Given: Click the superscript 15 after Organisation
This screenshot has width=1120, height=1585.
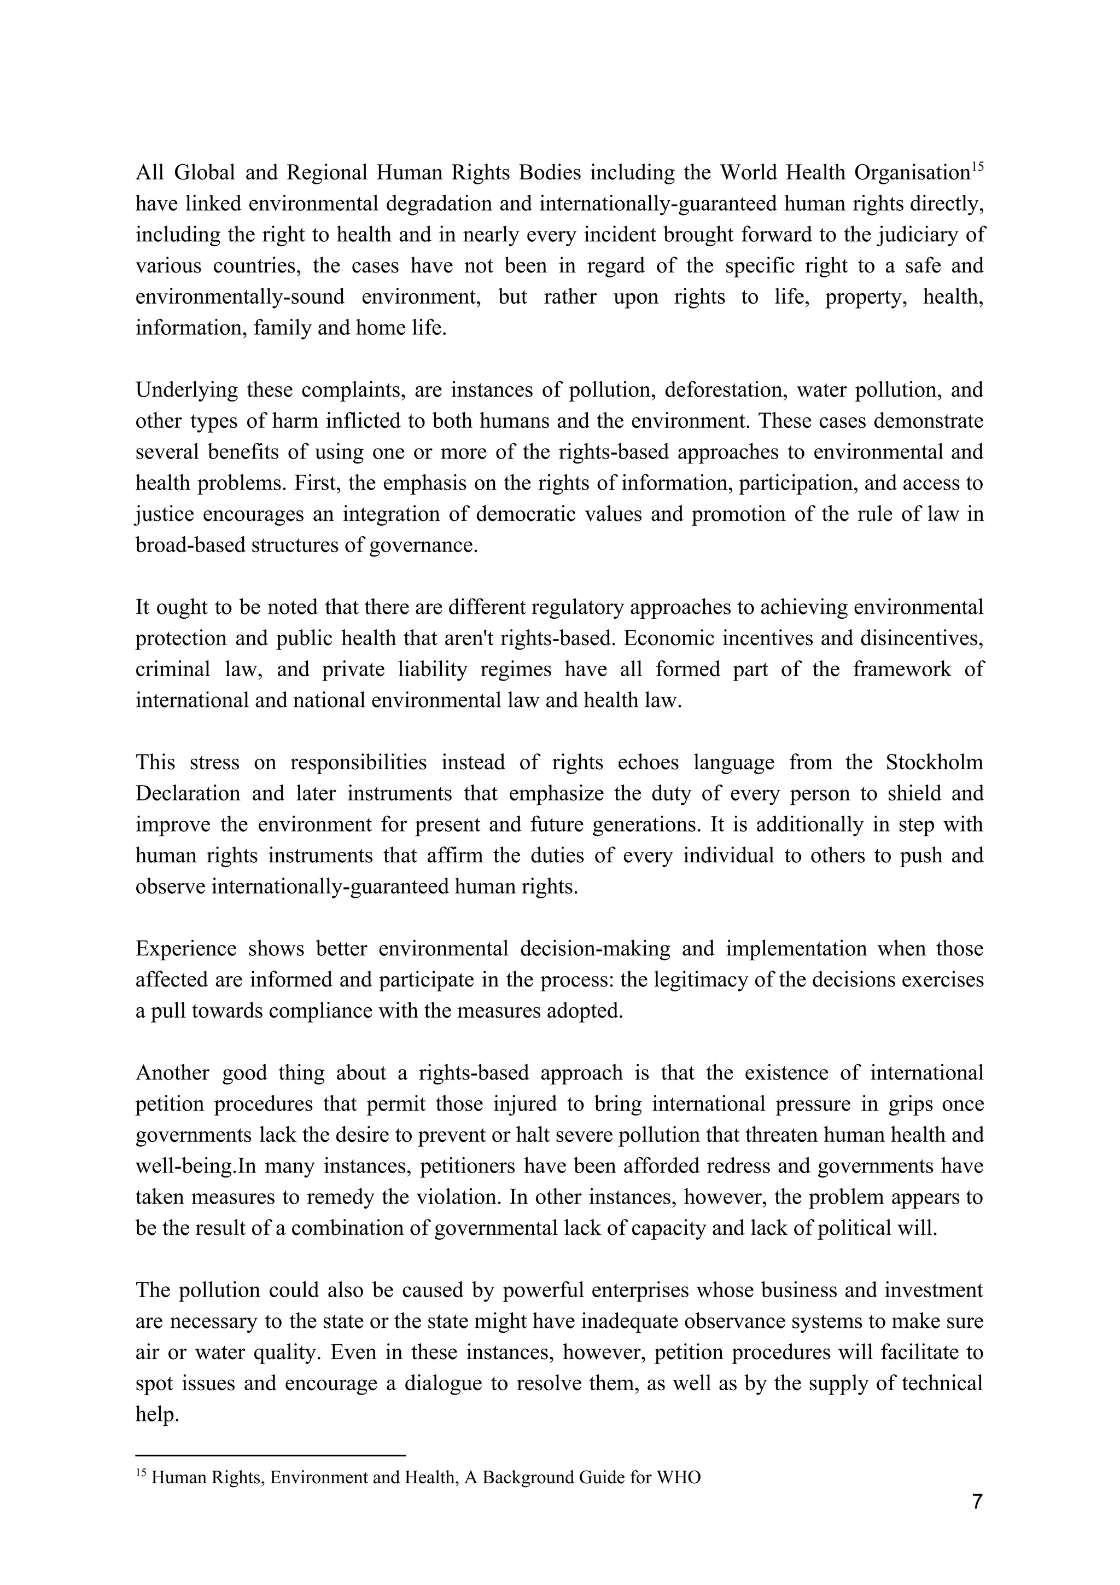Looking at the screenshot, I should tap(977, 166).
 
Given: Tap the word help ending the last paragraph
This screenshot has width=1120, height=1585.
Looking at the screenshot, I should tap(156, 1415).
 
